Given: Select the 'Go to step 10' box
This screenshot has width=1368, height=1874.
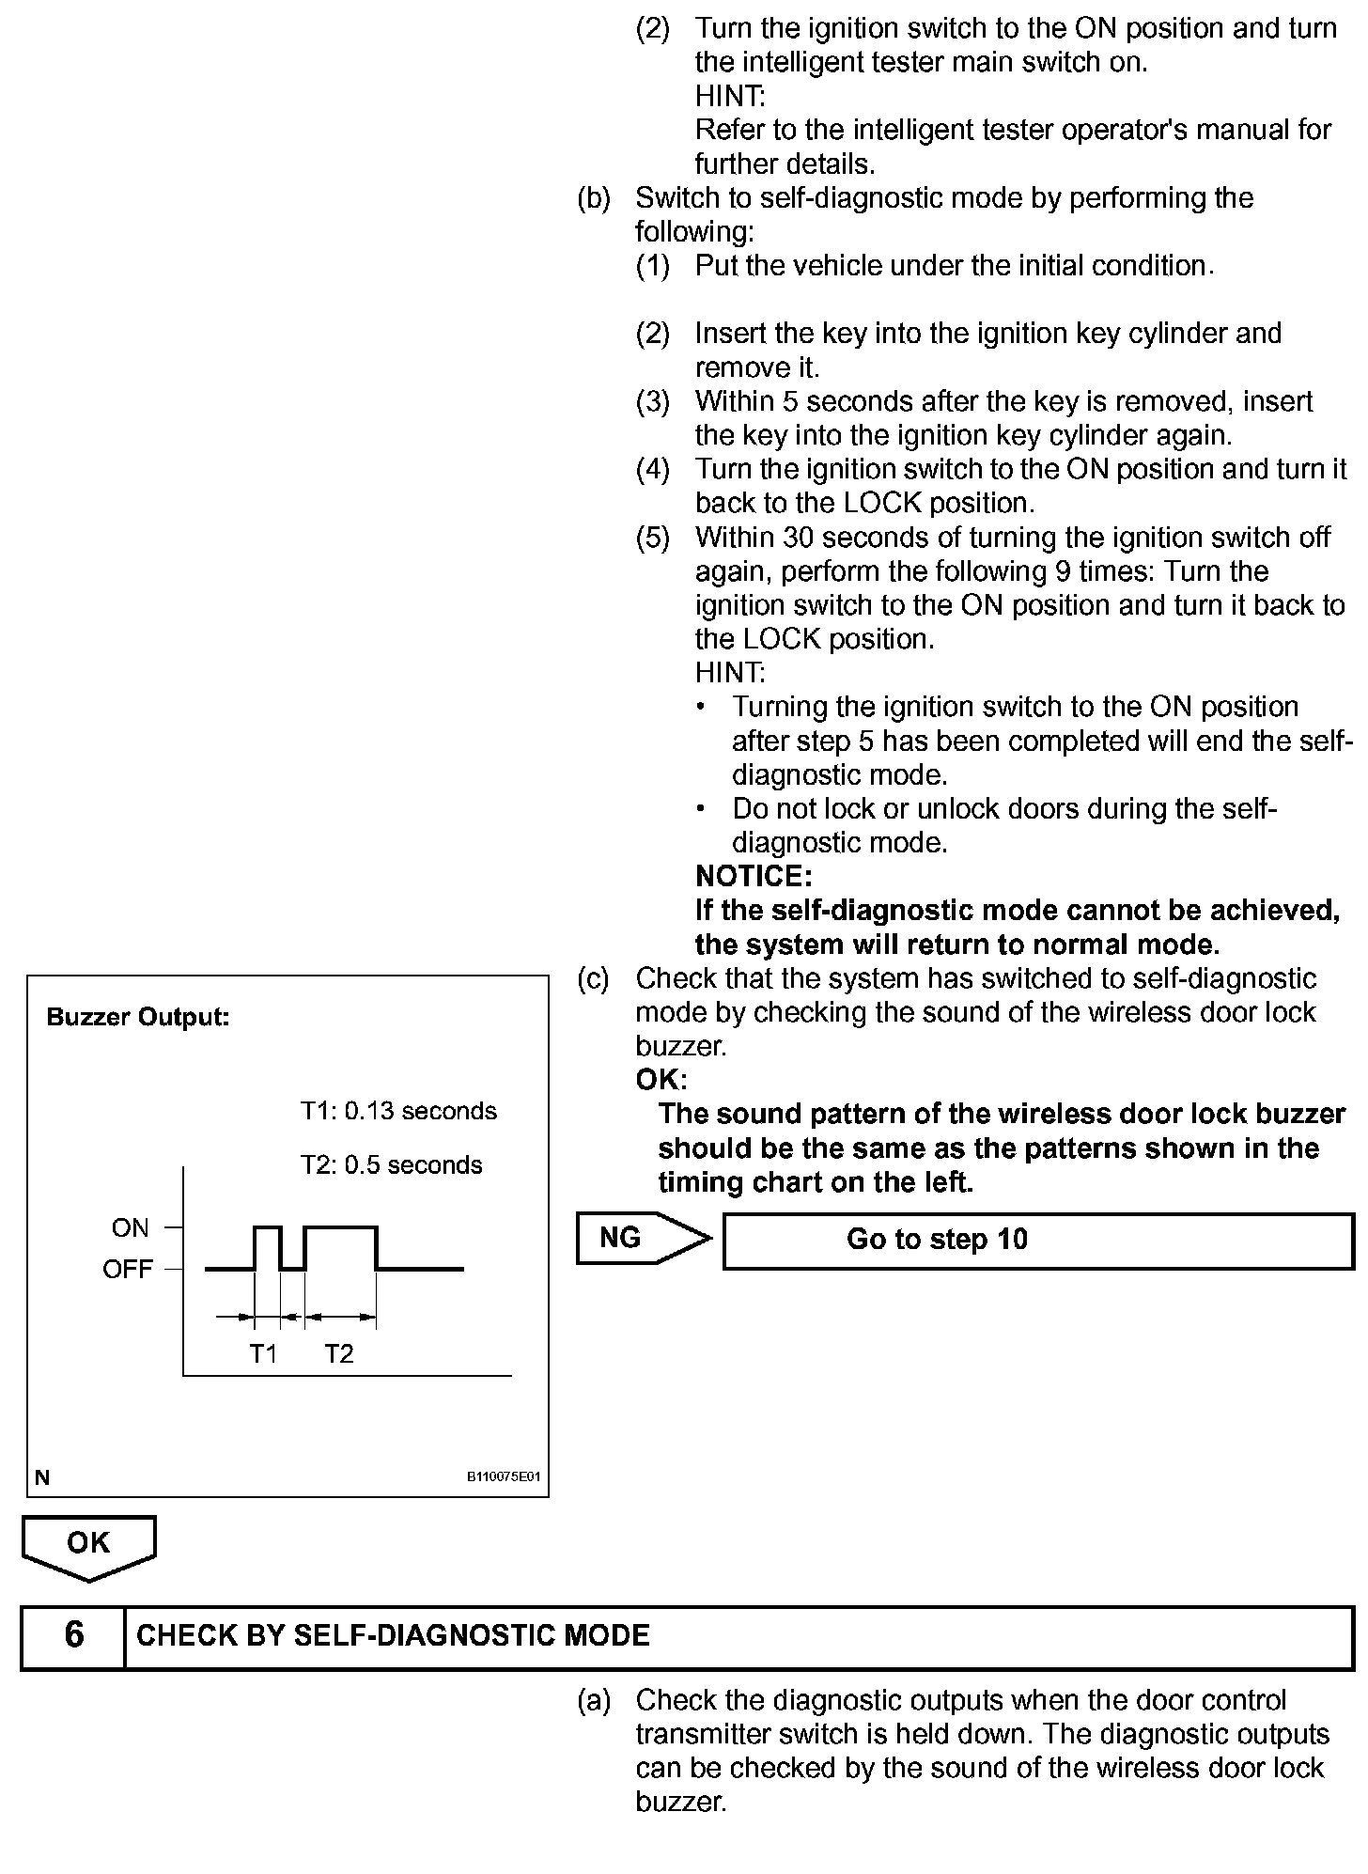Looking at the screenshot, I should tap(1037, 1241).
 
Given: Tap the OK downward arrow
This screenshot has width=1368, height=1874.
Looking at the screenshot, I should tap(88, 1546).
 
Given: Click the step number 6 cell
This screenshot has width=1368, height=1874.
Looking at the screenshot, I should tap(73, 1634).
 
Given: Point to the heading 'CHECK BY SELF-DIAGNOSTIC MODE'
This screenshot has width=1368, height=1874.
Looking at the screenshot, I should tap(393, 1635).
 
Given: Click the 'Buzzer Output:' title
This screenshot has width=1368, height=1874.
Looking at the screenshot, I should tap(138, 1017).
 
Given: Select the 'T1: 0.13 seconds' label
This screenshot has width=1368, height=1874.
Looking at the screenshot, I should tap(398, 1111).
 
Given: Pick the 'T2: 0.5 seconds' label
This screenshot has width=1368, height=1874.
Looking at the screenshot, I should tap(391, 1164).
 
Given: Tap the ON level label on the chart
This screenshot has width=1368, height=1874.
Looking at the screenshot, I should tap(130, 1227).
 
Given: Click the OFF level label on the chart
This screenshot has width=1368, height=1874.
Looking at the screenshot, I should tap(127, 1269).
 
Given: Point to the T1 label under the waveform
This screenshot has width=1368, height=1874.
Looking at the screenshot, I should tap(263, 1353).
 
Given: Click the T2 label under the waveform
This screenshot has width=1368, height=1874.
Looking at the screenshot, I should tap(339, 1353).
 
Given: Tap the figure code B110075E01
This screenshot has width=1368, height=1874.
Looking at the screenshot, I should tap(505, 1476).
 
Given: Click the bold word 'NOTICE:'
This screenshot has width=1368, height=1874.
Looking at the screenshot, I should tap(754, 876).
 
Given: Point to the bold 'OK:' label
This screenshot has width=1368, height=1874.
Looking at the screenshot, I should tap(661, 1079).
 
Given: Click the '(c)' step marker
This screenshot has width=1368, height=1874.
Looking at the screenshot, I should tap(593, 978).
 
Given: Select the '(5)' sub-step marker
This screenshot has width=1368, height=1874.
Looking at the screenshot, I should tap(652, 538).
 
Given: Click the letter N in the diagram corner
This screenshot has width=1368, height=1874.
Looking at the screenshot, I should tap(41, 1477).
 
